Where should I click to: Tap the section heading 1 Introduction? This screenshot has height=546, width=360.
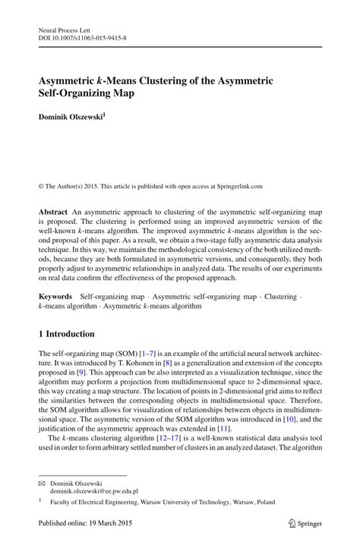(66, 333)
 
